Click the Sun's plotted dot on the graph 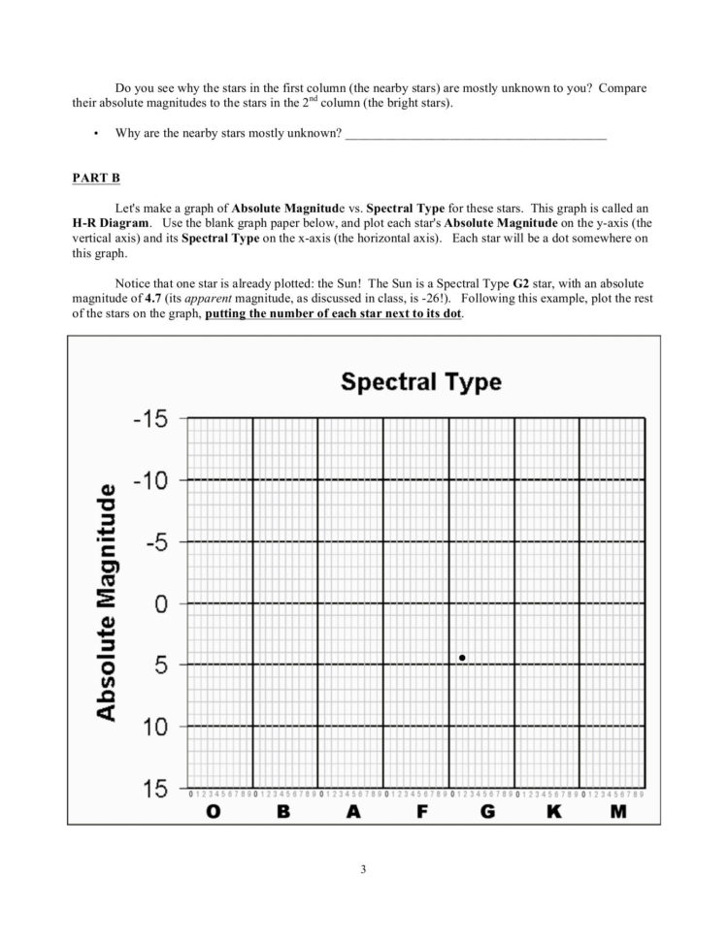tap(462, 658)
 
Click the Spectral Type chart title tap(420, 381)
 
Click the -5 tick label tap(153, 541)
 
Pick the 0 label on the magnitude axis tap(162, 603)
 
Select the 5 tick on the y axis tap(162, 665)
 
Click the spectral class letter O tap(213, 813)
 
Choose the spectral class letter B tap(283, 813)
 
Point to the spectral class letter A tap(352, 813)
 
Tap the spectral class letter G tap(487, 813)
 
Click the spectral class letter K tap(554, 813)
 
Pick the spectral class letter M tap(618, 813)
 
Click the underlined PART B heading tap(94, 178)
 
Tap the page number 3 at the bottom tap(363, 868)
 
